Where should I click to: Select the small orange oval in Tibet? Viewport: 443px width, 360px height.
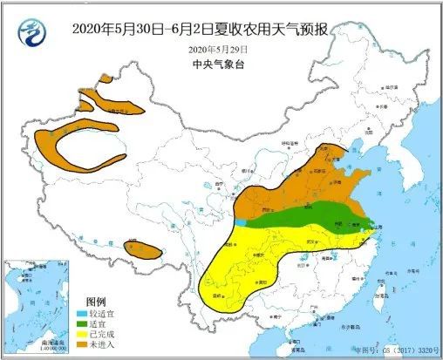143,251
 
